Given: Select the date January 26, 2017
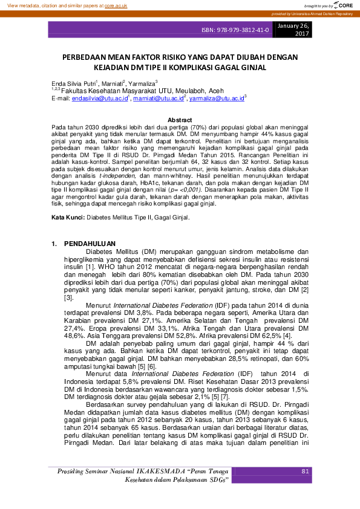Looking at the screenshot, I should tap(293, 30).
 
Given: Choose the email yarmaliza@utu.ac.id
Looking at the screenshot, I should tap(216, 97).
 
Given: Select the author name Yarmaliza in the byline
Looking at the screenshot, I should tap(141, 83).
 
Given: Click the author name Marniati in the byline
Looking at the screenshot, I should tap(111, 83).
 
